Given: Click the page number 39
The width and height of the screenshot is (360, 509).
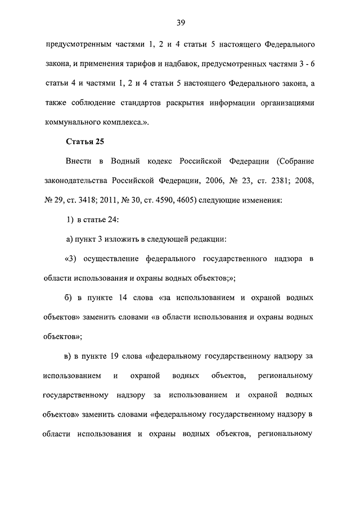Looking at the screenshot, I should pyautogui.click(x=180, y=22).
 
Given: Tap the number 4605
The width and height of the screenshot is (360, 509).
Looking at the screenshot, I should pyautogui.click(x=184, y=200).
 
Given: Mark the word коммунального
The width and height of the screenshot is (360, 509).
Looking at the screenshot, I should pyautogui.click(x=72, y=121).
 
